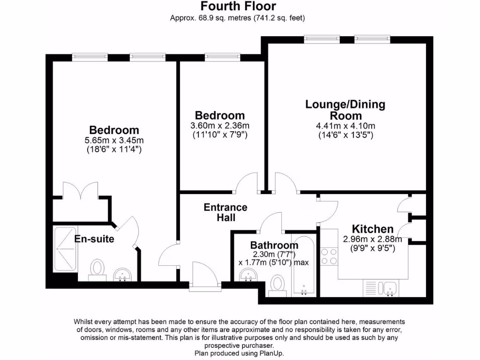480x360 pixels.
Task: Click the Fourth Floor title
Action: pos(238,7)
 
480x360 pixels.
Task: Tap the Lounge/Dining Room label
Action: pos(345,109)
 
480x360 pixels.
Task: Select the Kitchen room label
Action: pos(373,229)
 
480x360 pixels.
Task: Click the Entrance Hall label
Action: pos(225,212)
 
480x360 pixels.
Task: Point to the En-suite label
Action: pos(94,239)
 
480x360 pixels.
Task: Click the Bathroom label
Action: pos(274,245)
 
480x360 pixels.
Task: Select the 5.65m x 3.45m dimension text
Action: pos(114,140)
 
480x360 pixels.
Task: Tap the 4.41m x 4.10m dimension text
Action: pos(345,126)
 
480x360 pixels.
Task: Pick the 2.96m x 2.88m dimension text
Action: pos(372,239)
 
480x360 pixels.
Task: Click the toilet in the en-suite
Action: pos(97,269)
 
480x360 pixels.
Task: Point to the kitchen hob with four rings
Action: pos(330,257)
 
